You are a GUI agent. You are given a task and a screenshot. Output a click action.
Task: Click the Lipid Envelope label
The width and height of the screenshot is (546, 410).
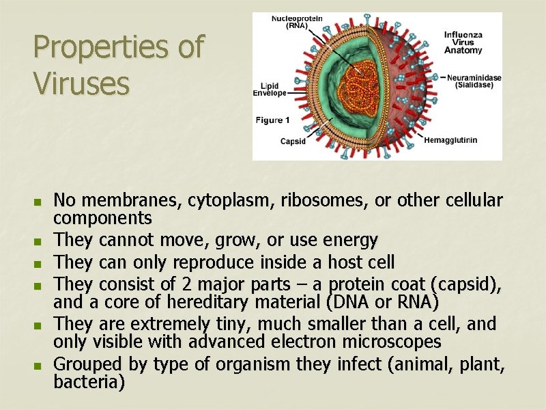pos(270,89)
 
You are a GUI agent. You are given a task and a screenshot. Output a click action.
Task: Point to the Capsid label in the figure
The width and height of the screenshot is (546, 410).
pos(293,141)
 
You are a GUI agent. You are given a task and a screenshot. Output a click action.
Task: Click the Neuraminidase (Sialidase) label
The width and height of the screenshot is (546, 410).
pos(474,81)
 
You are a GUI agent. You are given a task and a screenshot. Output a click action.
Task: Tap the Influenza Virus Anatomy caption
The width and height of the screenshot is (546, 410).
pos(463,42)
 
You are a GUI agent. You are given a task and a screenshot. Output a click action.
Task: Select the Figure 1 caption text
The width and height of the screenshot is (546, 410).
pos(273,120)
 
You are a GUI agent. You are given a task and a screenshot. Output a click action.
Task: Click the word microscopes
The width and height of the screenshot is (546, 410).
pos(384,342)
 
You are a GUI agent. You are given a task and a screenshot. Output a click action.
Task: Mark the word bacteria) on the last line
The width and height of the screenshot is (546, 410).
pos(89,383)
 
